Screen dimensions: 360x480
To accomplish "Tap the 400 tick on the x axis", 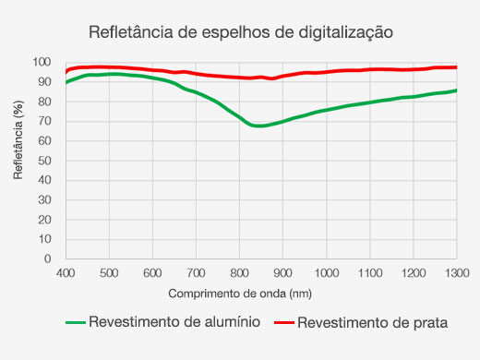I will coord(66,273).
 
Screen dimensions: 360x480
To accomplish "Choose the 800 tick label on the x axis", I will coord(239,273).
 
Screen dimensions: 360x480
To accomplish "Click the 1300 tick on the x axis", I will coord(456,273).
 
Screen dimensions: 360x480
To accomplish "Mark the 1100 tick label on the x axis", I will coord(369,273).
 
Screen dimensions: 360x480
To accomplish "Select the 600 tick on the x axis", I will coord(152,273).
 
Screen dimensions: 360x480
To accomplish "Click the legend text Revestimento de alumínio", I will coord(174,323).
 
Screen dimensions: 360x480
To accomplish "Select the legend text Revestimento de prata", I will coord(374,323).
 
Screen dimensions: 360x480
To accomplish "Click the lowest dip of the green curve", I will coord(260,126).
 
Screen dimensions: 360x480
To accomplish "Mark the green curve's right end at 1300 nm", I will coord(456,90).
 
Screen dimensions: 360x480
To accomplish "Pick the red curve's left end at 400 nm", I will coord(66,72).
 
